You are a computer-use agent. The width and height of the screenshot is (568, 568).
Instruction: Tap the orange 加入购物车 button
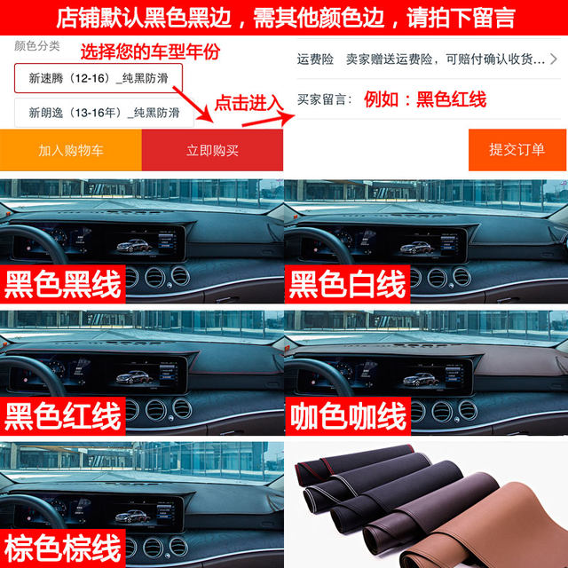click(x=71, y=150)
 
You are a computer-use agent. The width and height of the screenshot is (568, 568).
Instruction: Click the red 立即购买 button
click(x=212, y=150)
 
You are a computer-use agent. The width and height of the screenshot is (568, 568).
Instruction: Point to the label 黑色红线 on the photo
click(x=63, y=414)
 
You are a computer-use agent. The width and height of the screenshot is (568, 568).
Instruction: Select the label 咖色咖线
click(x=348, y=414)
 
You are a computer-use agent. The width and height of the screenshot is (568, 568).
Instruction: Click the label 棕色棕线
click(x=63, y=546)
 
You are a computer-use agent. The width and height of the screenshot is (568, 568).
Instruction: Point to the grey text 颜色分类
click(x=37, y=45)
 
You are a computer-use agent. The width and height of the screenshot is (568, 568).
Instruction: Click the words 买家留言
click(x=325, y=99)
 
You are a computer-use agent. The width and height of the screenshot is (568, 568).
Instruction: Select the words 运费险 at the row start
click(x=315, y=59)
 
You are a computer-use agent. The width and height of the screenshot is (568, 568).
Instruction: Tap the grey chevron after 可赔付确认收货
click(x=554, y=59)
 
